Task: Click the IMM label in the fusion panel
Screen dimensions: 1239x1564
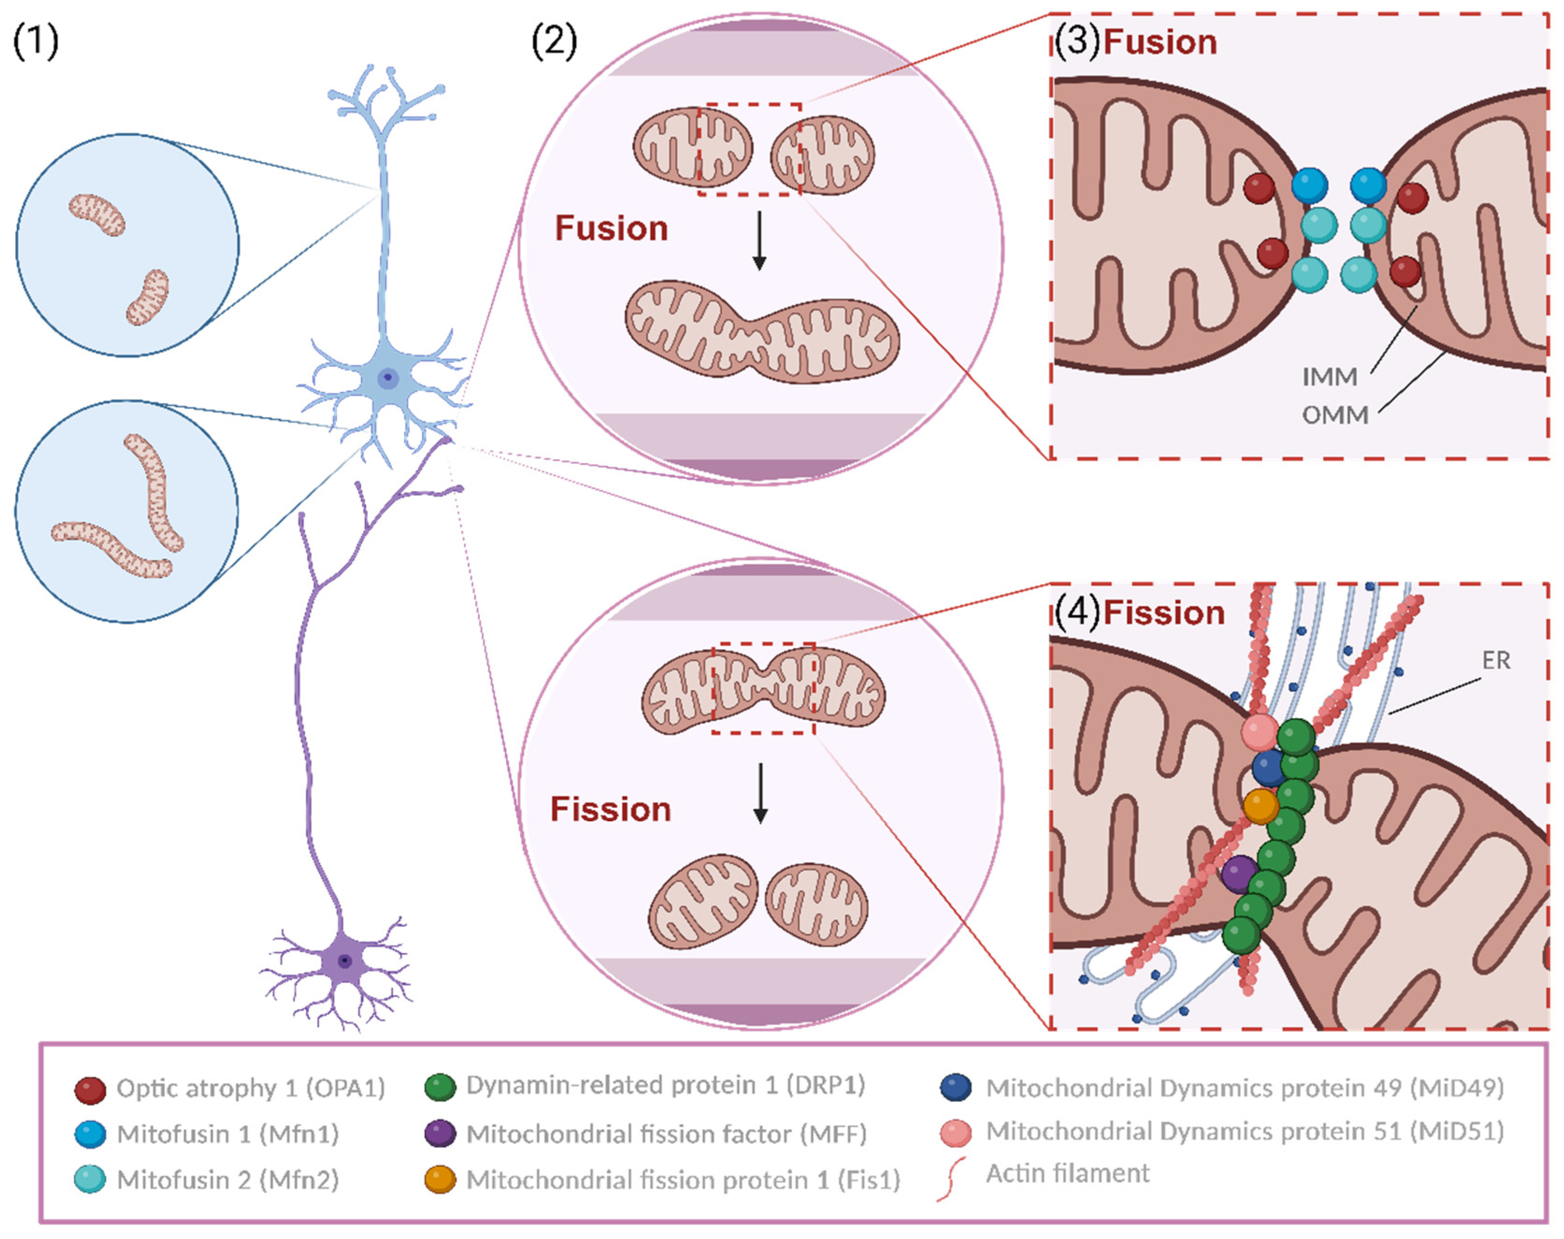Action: [1329, 376]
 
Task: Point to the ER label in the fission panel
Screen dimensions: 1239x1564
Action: [1496, 660]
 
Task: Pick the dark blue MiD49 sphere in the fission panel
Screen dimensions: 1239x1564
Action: [1268, 768]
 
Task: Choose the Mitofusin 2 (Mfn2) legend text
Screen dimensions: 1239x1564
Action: [228, 1180]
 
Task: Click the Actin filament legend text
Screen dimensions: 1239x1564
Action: [1067, 1173]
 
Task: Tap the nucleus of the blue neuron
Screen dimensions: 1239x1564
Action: [388, 378]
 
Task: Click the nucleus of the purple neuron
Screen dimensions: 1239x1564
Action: [345, 961]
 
